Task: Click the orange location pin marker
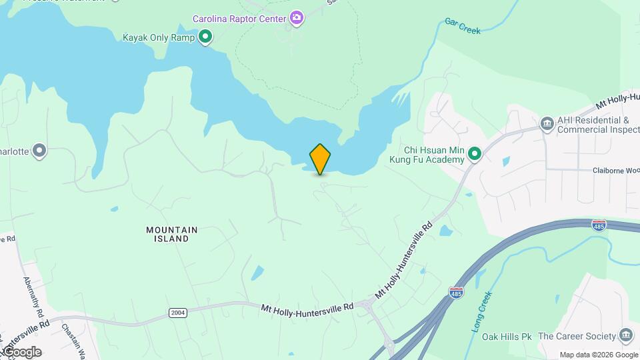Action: coord(320,159)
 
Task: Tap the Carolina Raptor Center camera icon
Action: coord(297,18)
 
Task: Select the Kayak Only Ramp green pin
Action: coord(206,37)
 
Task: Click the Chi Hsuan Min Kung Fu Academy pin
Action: coord(475,155)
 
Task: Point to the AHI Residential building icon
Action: coord(547,123)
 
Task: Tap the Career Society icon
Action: coord(625,335)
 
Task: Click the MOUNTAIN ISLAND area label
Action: coord(172,234)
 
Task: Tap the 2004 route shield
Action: coord(178,312)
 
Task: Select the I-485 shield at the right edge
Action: coord(599,225)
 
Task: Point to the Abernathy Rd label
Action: coord(33,297)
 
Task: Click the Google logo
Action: coord(22,352)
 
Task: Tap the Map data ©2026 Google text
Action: coord(599,355)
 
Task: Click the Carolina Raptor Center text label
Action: coord(240,19)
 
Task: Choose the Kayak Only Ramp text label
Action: coord(159,37)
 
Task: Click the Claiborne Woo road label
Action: coord(614,170)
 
